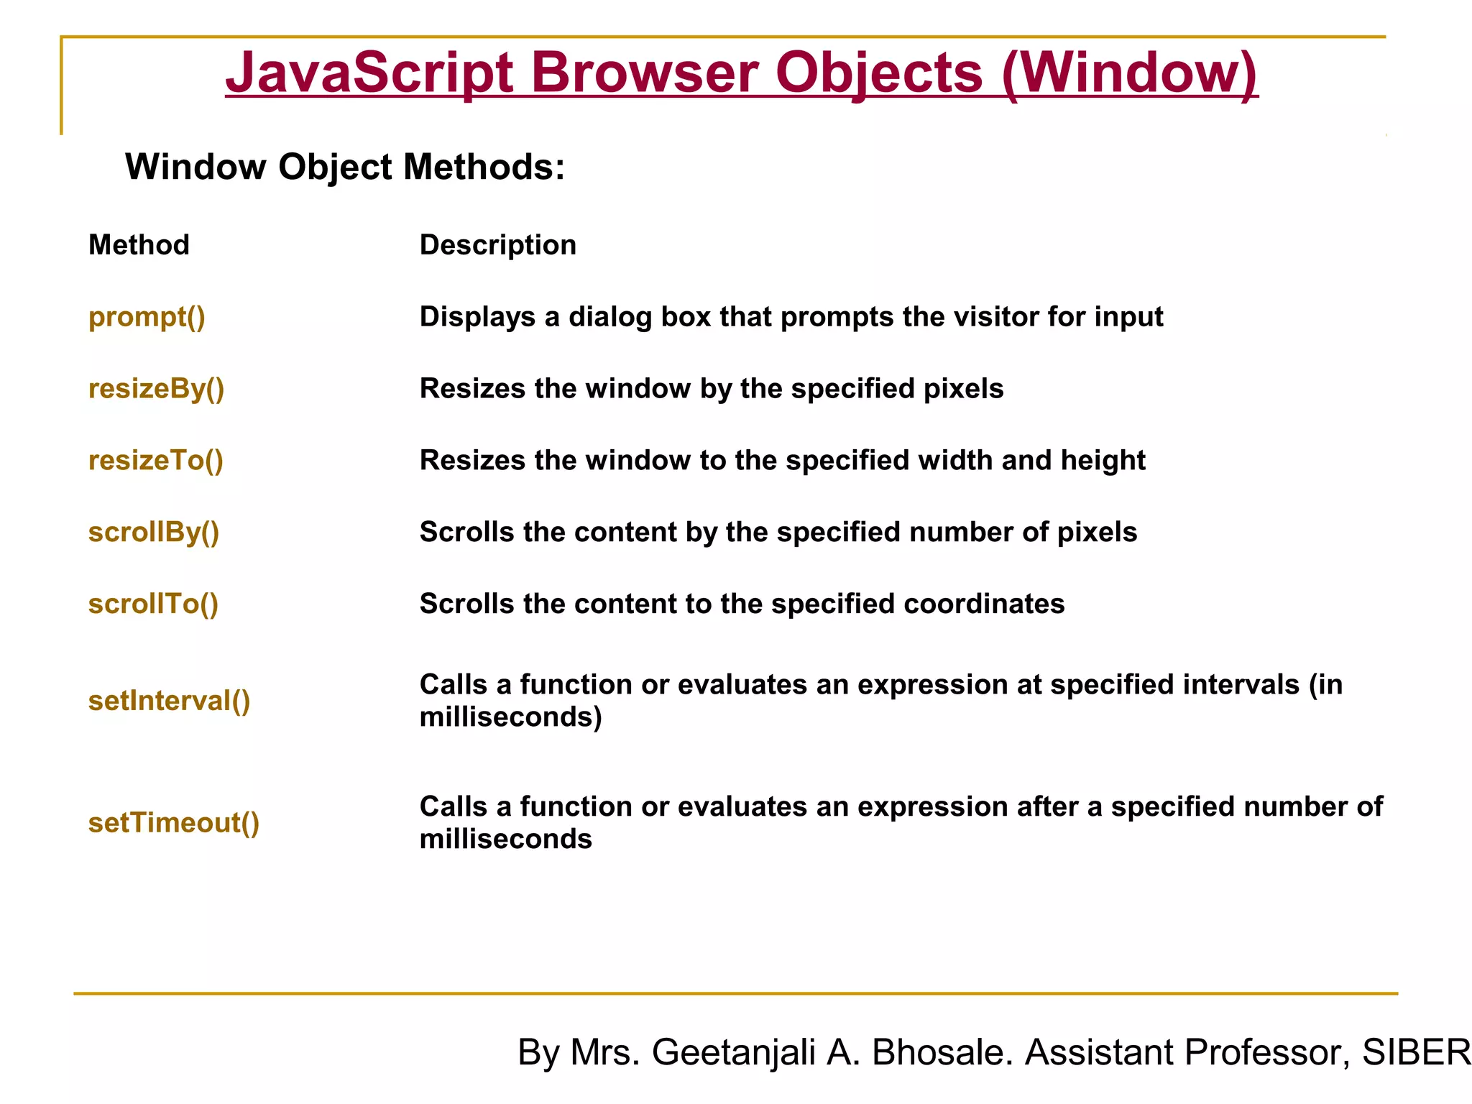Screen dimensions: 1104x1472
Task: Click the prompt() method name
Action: point(147,317)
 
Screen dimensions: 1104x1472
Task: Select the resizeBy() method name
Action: point(156,389)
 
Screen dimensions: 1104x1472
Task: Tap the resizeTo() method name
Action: point(155,461)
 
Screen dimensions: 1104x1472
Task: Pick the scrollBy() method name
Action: point(153,533)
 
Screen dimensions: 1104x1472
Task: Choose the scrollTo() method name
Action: point(153,604)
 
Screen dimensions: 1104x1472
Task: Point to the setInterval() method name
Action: point(169,701)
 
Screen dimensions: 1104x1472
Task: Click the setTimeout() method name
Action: point(173,823)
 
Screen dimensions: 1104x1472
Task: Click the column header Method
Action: point(139,245)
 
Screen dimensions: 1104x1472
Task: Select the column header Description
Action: point(497,245)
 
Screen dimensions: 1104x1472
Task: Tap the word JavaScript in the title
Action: point(369,73)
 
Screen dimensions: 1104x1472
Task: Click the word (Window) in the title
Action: point(1129,73)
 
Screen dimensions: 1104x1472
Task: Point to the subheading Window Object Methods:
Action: point(345,167)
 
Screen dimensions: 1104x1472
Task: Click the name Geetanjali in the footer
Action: point(734,1052)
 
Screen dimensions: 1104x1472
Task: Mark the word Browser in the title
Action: point(645,73)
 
